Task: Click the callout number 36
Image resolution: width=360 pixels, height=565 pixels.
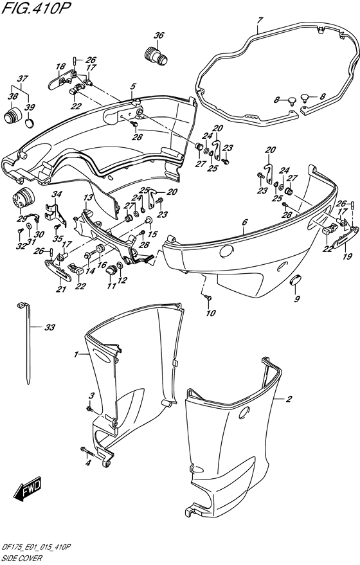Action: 159,36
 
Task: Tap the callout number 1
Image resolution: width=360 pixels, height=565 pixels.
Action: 76,354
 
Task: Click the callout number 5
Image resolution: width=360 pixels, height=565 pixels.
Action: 132,86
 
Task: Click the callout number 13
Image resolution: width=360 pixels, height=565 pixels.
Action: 87,197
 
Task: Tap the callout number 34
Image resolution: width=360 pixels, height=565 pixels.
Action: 57,194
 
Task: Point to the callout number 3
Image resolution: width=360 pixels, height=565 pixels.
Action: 91,395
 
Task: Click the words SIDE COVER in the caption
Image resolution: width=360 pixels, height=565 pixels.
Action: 21,559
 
